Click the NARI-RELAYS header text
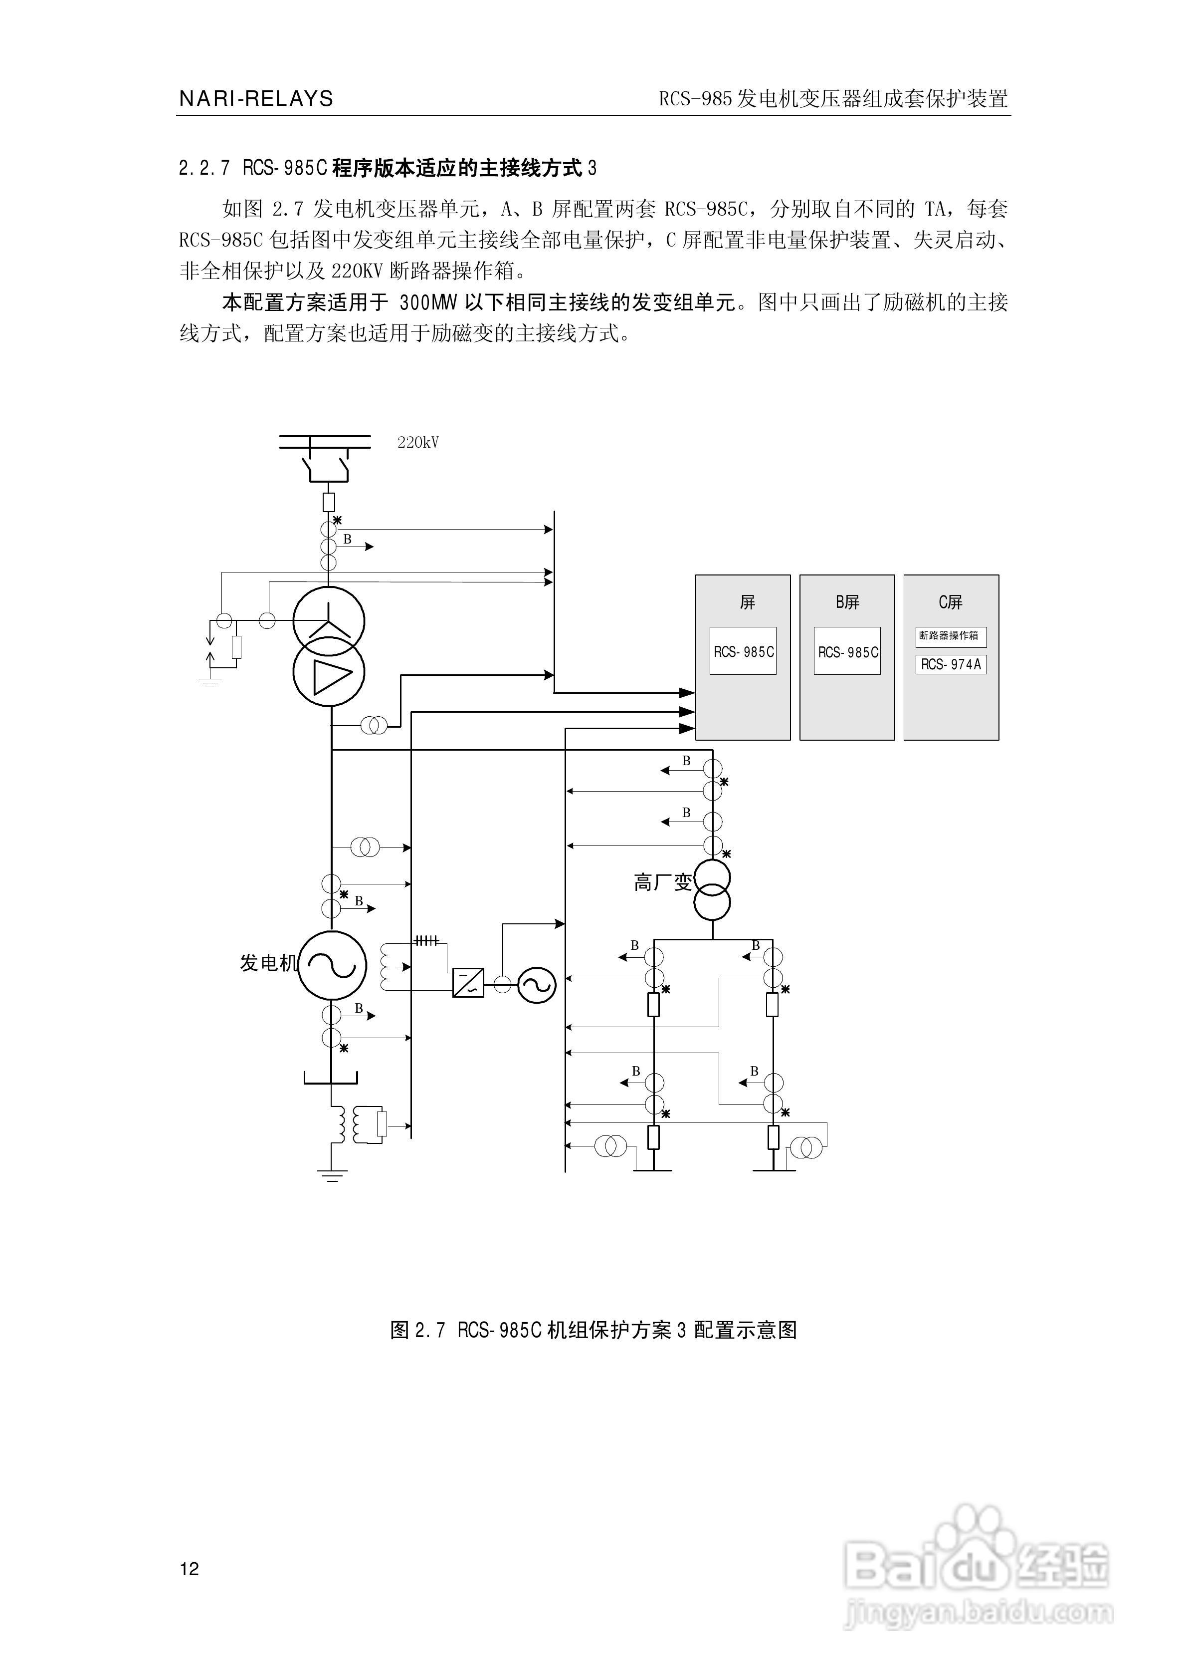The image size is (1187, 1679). pos(256,99)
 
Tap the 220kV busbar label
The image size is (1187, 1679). pos(418,442)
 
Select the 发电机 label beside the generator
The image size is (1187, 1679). pos(268,963)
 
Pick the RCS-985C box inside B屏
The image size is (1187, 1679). pos(847,651)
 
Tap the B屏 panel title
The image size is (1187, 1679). pos(847,602)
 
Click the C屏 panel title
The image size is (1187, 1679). pos(951,602)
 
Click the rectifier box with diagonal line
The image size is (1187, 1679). pos(468,983)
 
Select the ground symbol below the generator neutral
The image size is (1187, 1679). pos(332,1176)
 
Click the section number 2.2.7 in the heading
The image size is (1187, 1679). pos(204,169)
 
